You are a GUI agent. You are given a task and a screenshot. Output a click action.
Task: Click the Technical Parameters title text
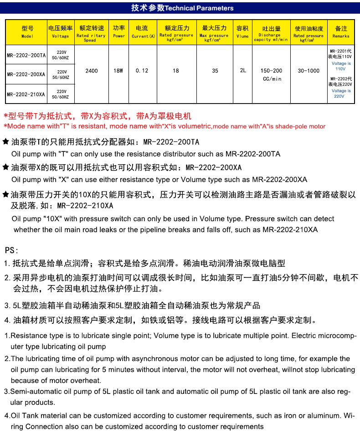coord(182,8)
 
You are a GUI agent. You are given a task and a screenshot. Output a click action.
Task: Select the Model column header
coord(27,32)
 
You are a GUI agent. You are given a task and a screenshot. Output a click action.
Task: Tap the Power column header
coord(119,32)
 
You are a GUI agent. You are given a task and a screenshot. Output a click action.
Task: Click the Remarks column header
coord(341,32)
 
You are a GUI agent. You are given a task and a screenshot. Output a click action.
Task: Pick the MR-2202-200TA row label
coord(26,56)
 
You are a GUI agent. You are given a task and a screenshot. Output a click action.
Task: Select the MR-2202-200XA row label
coord(26,74)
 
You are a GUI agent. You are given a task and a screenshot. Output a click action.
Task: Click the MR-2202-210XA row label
coord(26,94)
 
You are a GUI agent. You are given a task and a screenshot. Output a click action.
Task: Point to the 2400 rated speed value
coord(92,71)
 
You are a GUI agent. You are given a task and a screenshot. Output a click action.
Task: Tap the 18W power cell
coord(118,71)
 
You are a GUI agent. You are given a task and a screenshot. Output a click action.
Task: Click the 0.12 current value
coord(142,71)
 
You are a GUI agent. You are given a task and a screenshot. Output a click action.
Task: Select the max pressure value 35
coord(215,71)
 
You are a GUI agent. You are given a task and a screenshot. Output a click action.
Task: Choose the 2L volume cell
coord(243,71)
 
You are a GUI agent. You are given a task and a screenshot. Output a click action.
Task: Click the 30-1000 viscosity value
coord(309,71)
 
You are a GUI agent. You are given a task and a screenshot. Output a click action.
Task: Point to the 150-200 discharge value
coord(272,71)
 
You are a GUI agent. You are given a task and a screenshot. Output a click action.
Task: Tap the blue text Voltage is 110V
coord(341,66)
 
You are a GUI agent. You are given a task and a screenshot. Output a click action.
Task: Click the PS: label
coord(11,250)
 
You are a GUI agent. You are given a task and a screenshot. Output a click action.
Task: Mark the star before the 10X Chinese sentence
coord(6,195)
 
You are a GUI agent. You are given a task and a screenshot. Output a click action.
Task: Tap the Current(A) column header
coord(143,32)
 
